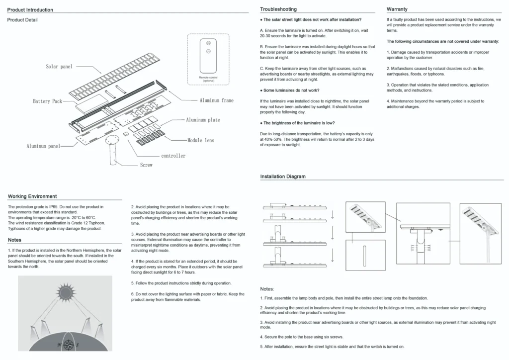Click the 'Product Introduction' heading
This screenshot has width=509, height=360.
click(x=30, y=10)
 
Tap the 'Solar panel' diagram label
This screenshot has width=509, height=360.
click(x=59, y=67)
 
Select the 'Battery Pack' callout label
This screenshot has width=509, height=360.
click(x=48, y=101)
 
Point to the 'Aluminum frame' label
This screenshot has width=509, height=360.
click(x=216, y=100)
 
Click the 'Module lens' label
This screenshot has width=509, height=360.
click(x=201, y=141)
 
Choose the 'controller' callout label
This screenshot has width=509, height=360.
click(x=173, y=156)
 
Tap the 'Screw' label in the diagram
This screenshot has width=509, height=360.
click(x=146, y=165)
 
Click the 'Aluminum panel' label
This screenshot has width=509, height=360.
click(x=43, y=146)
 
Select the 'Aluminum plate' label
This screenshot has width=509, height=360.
click(x=203, y=120)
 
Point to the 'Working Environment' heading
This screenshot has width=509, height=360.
click(x=32, y=196)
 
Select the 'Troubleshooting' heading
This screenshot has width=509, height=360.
click(x=278, y=9)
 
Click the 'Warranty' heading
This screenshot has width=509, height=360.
click(x=397, y=9)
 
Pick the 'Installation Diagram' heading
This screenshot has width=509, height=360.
click(x=283, y=177)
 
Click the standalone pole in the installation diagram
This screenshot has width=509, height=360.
click(x=365, y=255)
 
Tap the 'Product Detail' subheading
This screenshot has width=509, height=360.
click(x=22, y=20)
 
